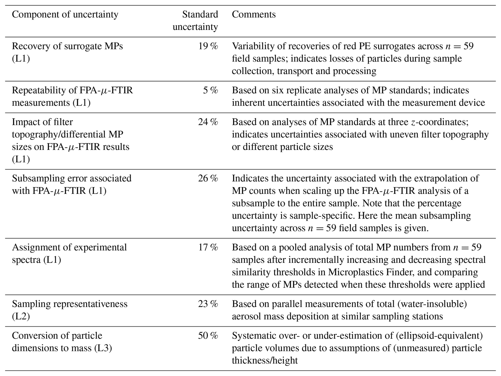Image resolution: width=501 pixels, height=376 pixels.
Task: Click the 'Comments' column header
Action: pos(254,14)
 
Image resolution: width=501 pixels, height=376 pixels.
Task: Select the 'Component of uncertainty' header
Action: pos(65,15)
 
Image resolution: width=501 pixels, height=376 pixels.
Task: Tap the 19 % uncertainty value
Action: pos(208,46)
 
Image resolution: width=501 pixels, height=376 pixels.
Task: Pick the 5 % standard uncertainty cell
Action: pos(211,90)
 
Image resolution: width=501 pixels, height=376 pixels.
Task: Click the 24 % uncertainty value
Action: pos(208,122)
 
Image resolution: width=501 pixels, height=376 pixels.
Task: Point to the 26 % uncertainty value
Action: pos(208,178)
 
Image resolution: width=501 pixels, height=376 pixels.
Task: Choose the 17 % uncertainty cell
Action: pos(208,247)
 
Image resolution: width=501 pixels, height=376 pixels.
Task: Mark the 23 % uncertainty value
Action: pos(208,304)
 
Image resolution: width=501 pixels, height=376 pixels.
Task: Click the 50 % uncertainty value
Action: pos(208,336)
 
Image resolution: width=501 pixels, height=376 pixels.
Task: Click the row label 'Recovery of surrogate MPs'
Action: pos(67,46)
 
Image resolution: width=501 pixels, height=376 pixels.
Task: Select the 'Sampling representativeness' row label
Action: pos(70,304)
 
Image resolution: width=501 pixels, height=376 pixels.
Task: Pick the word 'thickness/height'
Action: pos(265,361)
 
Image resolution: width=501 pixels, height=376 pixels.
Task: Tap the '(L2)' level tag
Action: pos(21,317)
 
